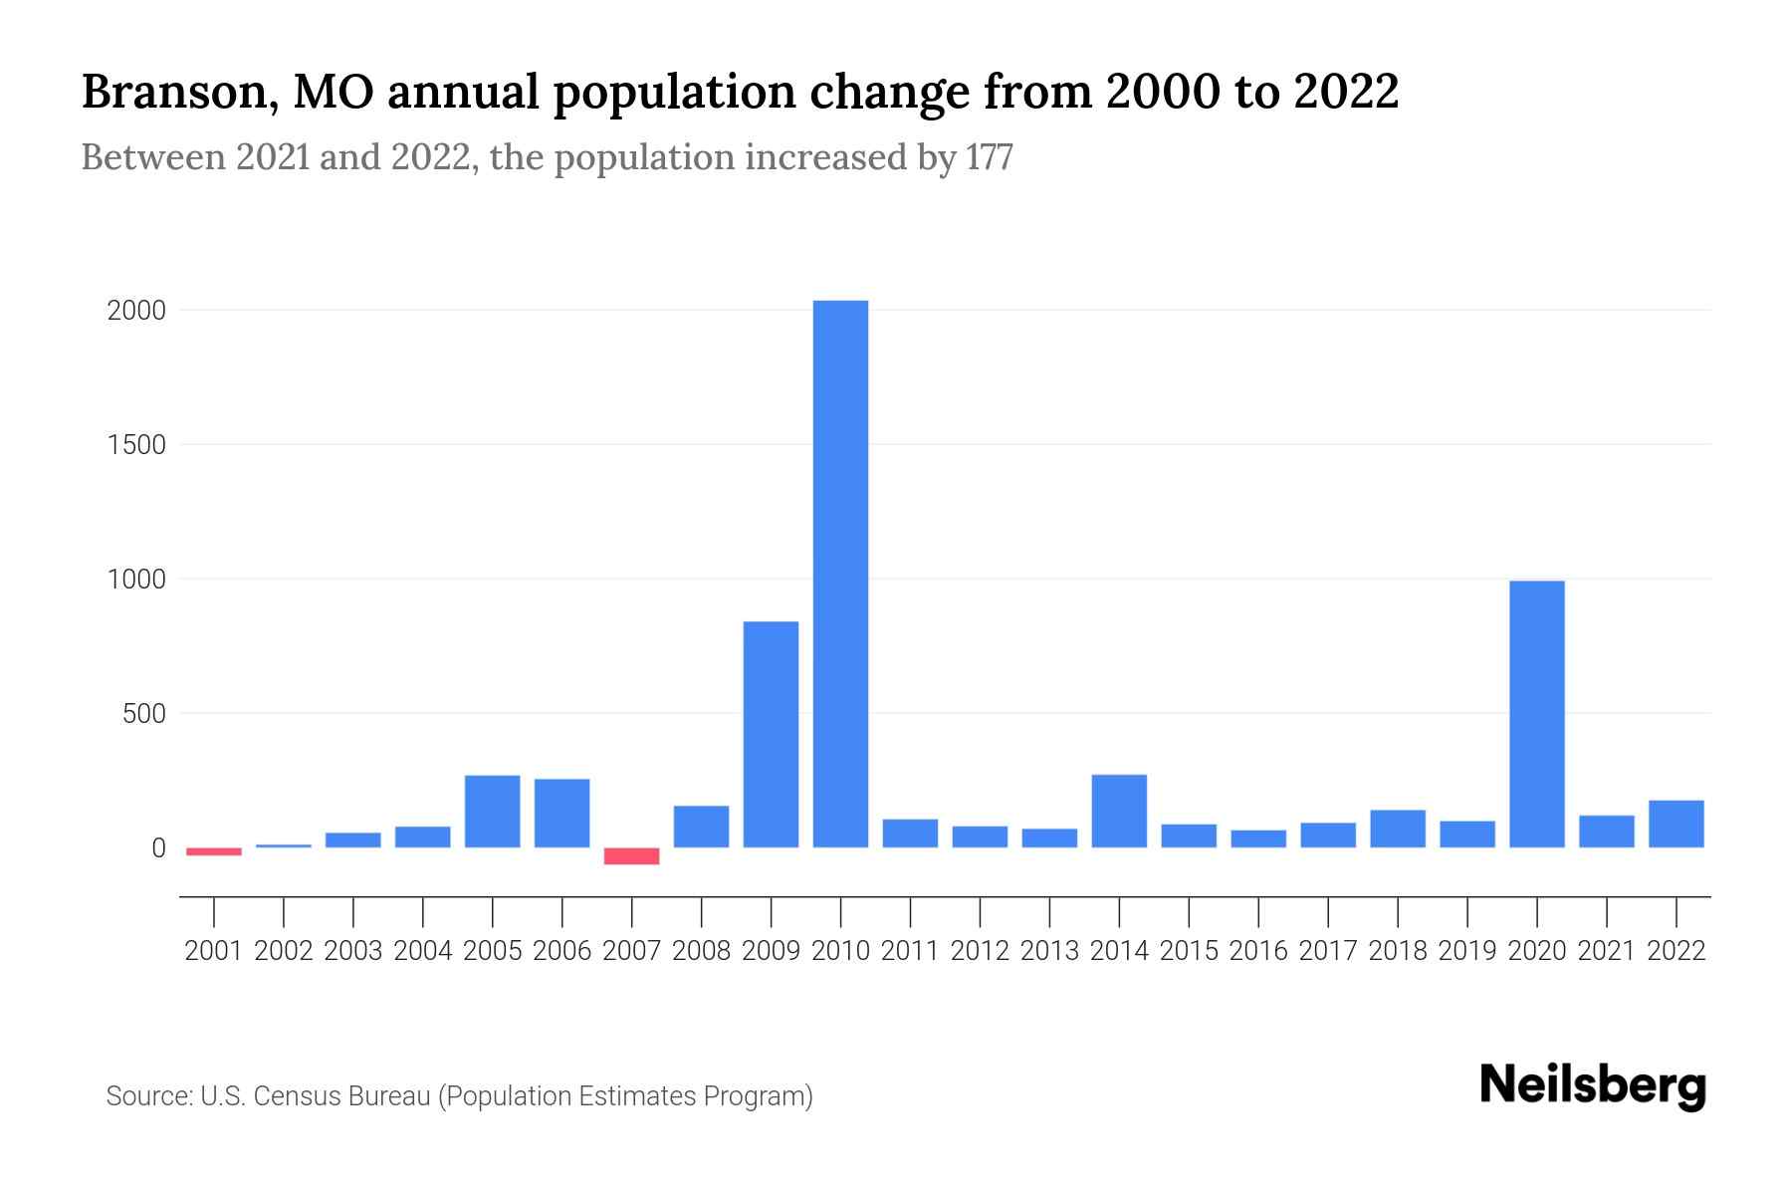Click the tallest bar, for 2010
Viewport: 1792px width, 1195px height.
point(840,574)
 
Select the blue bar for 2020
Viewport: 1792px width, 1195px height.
point(1536,714)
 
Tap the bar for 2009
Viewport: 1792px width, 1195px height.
point(771,734)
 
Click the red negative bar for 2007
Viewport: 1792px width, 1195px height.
point(631,856)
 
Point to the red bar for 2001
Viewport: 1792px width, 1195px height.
point(214,851)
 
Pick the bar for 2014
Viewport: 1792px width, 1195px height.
point(1119,811)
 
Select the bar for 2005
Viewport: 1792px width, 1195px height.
point(492,812)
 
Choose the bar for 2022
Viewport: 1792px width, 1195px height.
point(1676,824)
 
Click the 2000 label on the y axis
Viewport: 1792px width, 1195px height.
point(136,311)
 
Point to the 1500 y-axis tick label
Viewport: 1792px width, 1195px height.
point(136,445)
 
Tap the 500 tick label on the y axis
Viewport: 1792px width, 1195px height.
point(143,714)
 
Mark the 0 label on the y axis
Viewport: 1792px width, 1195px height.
point(158,848)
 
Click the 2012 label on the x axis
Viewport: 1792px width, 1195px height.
point(980,951)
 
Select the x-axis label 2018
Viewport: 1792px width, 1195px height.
point(1397,951)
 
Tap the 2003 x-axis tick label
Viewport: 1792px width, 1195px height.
point(353,951)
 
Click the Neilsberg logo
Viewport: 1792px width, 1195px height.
point(1593,1085)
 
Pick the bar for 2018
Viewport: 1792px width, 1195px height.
point(1397,829)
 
